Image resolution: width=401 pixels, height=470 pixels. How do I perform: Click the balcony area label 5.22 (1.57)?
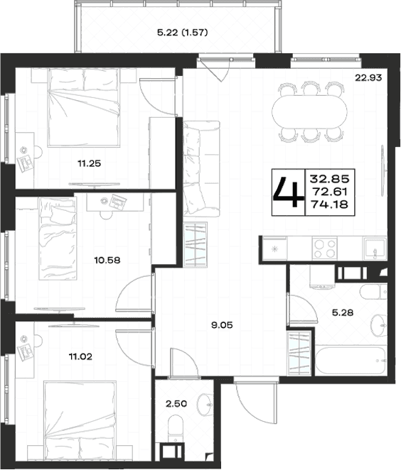(183, 33)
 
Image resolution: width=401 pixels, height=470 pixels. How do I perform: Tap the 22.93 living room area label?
(368, 78)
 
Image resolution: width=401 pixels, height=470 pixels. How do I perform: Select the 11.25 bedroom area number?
(89, 163)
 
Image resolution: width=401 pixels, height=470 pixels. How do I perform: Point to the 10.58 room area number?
(107, 260)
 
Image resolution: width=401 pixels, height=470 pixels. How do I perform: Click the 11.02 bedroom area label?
(80, 356)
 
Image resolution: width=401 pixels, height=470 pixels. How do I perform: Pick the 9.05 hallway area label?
(222, 325)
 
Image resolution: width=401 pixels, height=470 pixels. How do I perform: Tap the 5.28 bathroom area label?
(343, 312)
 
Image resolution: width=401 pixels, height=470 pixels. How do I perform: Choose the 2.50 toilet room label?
(176, 403)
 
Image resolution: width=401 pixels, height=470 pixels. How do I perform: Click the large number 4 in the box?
(288, 192)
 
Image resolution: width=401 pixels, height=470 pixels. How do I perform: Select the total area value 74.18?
(330, 204)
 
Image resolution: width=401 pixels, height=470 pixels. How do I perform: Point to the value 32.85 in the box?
(330, 179)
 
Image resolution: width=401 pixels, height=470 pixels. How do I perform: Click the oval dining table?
(309, 111)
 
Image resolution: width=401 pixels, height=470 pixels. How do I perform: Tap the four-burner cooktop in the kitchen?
(324, 248)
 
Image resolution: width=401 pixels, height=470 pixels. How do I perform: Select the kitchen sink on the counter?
(375, 248)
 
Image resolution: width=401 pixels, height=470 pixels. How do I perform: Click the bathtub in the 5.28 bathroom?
(351, 361)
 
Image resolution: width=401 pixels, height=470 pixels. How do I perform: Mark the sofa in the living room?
(202, 168)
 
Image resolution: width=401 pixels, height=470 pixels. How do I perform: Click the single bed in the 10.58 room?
(57, 239)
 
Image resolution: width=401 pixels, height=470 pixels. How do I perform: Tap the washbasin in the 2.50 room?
(205, 405)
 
